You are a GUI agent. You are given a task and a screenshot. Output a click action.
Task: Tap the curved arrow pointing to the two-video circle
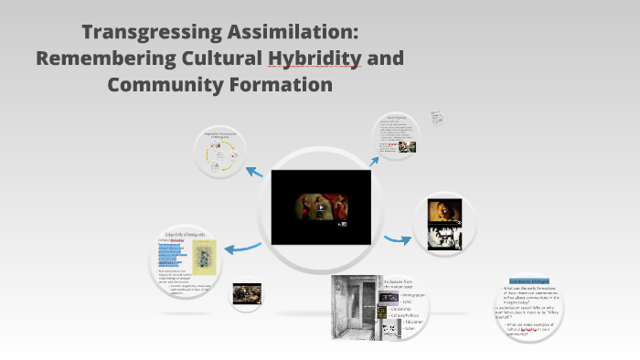tap(395, 239)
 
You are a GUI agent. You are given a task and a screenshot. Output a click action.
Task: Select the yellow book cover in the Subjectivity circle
tap(204, 259)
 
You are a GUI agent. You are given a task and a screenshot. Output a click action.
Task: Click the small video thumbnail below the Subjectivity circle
tap(247, 293)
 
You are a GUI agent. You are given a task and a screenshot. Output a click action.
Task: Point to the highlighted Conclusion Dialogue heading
tap(529, 281)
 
